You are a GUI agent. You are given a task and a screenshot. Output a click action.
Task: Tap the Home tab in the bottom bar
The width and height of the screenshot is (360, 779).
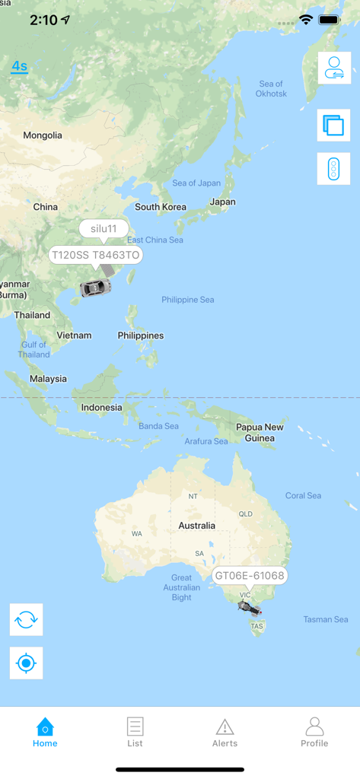(45, 732)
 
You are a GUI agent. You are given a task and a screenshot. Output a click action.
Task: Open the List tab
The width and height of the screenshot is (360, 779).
(135, 732)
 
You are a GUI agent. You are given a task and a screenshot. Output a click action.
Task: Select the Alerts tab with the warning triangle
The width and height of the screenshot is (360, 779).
(225, 732)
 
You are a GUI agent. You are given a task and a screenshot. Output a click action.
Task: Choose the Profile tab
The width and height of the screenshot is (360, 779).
(314, 732)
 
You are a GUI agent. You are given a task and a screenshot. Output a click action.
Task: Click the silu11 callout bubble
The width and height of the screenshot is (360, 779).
(104, 229)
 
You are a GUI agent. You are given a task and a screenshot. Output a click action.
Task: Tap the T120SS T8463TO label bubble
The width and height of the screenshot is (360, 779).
(96, 255)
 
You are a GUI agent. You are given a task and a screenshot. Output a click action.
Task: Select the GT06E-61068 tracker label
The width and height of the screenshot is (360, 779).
(250, 576)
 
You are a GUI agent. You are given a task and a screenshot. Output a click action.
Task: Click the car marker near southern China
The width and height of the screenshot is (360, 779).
(95, 288)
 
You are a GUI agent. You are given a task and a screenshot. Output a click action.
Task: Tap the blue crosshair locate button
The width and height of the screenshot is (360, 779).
(27, 663)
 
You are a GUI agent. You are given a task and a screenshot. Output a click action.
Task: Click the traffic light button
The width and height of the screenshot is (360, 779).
(333, 169)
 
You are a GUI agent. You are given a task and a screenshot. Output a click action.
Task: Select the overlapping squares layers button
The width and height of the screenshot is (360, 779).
(333, 126)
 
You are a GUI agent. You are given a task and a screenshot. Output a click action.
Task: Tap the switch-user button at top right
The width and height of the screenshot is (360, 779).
(334, 68)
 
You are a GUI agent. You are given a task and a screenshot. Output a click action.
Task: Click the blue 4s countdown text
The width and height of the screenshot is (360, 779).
(19, 66)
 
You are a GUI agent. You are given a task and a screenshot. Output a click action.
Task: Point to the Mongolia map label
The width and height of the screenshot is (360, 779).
(43, 135)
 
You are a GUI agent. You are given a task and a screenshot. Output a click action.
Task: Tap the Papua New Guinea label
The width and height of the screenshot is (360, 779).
(260, 432)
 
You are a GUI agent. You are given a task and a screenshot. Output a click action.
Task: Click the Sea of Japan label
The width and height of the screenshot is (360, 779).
(196, 183)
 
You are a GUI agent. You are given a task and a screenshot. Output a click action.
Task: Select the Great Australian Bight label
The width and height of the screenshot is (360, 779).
(182, 587)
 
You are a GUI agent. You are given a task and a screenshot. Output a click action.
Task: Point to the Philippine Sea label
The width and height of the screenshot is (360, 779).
(188, 300)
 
